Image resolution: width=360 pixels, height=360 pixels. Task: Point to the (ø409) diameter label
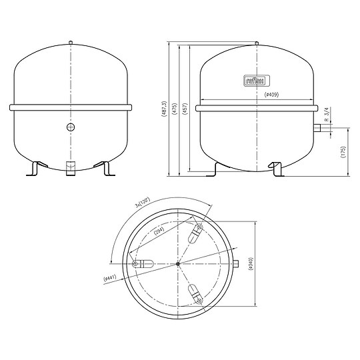tap(271, 95)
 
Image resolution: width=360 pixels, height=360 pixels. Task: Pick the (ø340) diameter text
tap(250, 263)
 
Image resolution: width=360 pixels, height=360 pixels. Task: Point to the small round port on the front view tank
tap(71, 127)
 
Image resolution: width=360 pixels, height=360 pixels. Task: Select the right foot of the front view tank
tap(106, 169)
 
